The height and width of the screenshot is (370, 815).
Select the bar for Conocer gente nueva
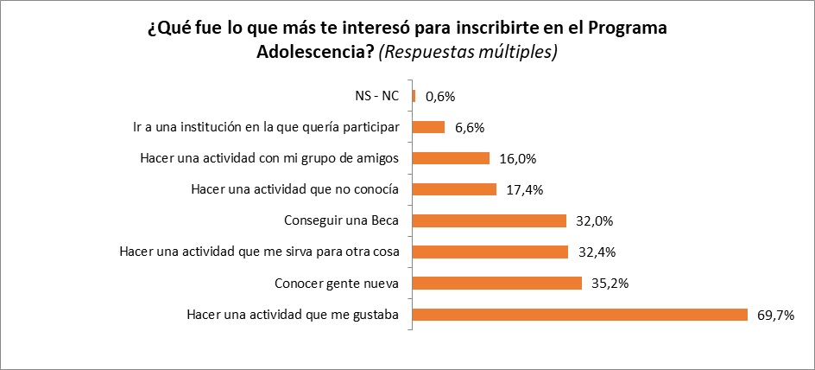pos(497,283)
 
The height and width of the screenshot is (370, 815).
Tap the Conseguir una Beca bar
pos(490,220)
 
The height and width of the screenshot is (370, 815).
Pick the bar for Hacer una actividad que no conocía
pos(455,189)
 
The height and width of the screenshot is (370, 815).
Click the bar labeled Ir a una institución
pos(429,127)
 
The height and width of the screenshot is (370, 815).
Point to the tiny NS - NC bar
pos(414,96)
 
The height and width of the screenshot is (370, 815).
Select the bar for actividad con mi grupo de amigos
pos(452,158)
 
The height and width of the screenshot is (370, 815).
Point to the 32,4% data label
pos(593,252)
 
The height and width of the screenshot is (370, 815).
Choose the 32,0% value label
pos(593,220)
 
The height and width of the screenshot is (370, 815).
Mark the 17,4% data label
pos(524,189)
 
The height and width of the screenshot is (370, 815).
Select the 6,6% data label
pos(469,127)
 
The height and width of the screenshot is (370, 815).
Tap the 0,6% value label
pos(439,96)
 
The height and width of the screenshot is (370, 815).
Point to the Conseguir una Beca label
pos(342,220)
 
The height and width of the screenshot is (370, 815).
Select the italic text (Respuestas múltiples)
pos(469,51)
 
